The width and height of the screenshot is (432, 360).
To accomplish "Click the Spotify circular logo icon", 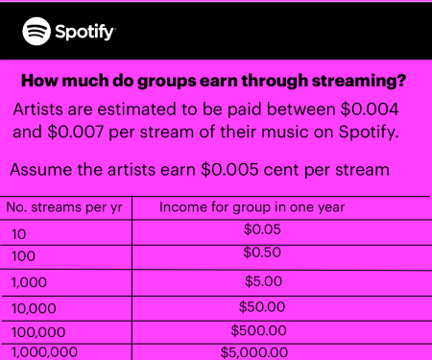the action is coord(36,32).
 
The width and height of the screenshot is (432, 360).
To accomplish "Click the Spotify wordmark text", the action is coord(84,32).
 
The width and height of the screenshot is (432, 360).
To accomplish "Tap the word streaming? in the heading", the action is coord(359,81).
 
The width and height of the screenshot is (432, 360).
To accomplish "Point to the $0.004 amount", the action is coord(370,109).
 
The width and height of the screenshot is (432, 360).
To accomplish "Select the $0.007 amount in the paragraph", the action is coord(76,132).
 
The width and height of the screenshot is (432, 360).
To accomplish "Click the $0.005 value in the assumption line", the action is coord(229,170).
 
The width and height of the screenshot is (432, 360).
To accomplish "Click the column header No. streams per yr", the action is coord(64,207).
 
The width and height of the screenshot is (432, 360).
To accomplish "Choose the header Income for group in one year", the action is coord(252,207).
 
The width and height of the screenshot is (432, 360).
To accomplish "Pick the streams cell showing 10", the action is coord(19,234).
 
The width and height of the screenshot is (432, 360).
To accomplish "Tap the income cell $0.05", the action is coord(262,229).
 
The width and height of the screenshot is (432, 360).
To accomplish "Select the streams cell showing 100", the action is coord(23,256).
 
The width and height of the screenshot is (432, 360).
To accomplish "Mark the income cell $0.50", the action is coord(262,252).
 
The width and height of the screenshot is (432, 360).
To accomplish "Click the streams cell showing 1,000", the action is coord(29,282).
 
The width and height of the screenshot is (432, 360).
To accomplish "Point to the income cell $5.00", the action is coord(263,281).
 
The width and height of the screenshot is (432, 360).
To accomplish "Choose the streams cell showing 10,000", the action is coord(34,309).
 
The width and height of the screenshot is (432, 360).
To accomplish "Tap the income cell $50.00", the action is coord(262,307).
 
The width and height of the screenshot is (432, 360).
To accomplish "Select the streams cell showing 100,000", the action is coord(38,332).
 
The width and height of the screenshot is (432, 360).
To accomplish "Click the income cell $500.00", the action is coord(258,330).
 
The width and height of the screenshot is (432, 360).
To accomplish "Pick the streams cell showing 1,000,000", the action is coord(44,352).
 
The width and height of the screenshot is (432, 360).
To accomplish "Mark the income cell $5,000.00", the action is coord(254,352).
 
